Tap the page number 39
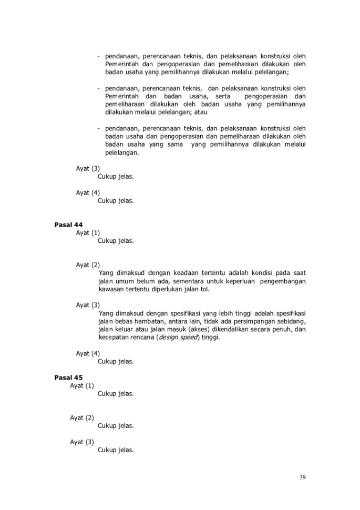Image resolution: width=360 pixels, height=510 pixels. click(x=302, y=477)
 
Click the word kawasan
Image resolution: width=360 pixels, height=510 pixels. click(x=111, y=290)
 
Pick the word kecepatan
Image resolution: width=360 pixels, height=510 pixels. click(x=113, y=338)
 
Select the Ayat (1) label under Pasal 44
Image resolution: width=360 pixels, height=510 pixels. click(x=88, y=233)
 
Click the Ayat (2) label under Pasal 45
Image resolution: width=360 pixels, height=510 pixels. click(x=82, y=418)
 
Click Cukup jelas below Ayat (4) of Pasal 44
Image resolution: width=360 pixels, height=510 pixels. click(x=116, y=362)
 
